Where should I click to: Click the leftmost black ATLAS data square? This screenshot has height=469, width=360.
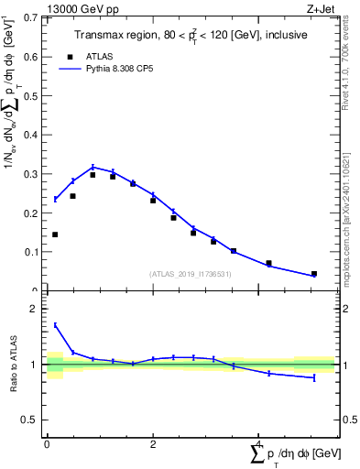55,234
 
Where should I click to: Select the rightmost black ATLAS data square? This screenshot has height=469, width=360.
314,274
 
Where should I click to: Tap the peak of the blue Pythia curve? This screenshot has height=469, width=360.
93,167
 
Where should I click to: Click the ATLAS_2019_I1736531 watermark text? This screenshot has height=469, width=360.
191,274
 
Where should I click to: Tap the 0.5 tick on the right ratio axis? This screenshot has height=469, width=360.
344,420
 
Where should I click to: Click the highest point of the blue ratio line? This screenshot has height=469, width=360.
55,324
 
